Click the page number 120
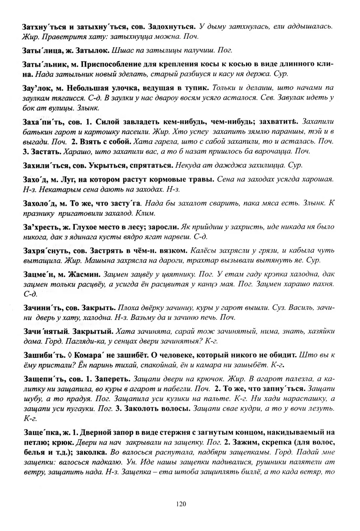pos(180,504)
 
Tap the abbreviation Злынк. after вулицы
pos(88,108)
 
